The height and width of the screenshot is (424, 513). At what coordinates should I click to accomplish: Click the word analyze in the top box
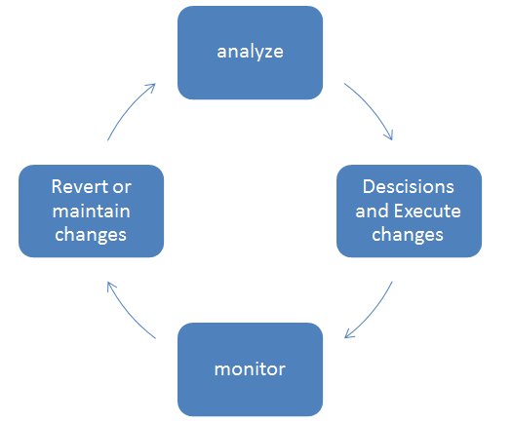tap(250, 53)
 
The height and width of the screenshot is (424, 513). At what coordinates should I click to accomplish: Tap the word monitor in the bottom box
tap(250, 369)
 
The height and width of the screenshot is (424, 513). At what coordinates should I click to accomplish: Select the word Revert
tap(80, 187)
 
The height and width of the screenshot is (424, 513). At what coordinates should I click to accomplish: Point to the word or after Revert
tap(122, 188)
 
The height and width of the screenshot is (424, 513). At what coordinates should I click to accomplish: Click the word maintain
tap(92, 211)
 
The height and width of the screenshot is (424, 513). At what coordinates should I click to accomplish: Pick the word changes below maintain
tap(91, 235)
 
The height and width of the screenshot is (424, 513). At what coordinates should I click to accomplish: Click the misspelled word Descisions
tap(409, 187)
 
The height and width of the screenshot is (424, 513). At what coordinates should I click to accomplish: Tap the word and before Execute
tap(373, 211)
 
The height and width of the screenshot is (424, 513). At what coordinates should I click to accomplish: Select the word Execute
tap(427, 211)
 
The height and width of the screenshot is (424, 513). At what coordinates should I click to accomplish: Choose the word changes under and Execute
tap(408, 235)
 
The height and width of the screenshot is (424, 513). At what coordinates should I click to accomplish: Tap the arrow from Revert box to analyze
tap(128, 108)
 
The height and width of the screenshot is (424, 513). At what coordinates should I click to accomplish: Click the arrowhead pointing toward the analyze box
tap(151, 88)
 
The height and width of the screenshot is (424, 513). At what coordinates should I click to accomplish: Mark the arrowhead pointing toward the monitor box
tap(349, 334)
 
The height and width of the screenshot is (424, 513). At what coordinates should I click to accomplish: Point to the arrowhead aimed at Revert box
tap(110, 287)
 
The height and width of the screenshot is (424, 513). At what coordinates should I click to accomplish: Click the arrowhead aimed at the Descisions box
tap(389, 135)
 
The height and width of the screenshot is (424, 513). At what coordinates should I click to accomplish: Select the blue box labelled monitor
tap(250, 369)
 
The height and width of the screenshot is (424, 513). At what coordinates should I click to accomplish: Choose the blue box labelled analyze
tap(250, 53)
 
